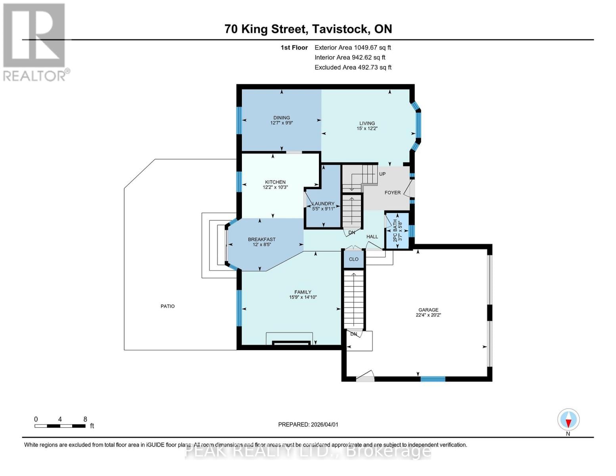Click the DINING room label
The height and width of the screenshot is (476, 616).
pos(282,117)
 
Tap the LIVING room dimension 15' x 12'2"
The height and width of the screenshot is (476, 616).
pos(367,129)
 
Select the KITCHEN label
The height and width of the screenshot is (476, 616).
pos(275,182)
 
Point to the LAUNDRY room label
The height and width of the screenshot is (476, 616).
pos(323,203)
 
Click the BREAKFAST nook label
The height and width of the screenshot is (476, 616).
pos(261,239)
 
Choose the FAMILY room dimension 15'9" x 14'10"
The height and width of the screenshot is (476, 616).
pos(303,297)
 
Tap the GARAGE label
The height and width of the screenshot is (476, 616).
pos(428,310)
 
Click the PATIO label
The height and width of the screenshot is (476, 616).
pos(167,306)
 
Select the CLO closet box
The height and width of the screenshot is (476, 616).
pos(353,259)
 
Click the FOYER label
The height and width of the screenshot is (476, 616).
pos(392,192)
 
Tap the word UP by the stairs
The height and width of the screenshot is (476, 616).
pos(382,174)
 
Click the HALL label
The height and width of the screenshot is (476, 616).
pos(372,236)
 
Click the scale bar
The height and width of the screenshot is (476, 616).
pos(60,426)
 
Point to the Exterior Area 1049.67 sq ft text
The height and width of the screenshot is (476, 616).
pos(353,47)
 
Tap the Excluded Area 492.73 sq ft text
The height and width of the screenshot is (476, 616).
pos(353,67)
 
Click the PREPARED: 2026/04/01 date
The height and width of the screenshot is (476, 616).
pos(308,424)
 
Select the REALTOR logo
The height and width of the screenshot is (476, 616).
pos(35,42)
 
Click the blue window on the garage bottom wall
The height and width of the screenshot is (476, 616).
pos(432,379)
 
